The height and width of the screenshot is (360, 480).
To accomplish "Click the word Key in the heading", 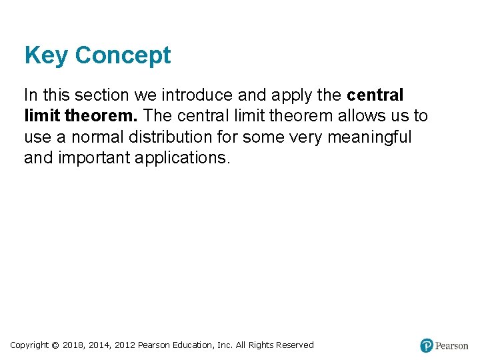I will pos(46,55).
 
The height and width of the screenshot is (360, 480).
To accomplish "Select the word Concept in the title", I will pos(123,55).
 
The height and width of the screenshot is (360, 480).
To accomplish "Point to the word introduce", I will pos(194,94).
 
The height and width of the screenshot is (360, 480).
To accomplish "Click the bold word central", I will pos(375,94).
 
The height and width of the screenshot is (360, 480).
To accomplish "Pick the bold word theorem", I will pos(101,115).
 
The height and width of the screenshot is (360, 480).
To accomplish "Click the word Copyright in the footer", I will pos(29,345).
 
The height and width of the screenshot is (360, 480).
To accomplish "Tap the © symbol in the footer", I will pos(55,345).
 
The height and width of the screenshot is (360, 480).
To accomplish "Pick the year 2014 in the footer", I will pos(101,345).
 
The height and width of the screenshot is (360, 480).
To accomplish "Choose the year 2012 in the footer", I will pos(125,345).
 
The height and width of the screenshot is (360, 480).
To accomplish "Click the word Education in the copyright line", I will pos(195,345).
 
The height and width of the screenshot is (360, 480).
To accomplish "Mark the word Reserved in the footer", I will pos(293,345).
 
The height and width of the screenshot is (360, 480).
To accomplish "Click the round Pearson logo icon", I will pos(427,345).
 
